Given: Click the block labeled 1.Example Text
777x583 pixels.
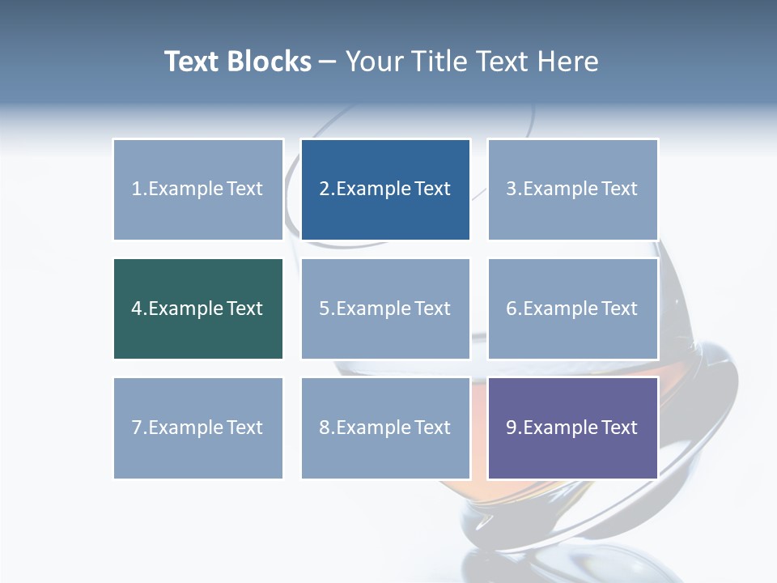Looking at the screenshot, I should click(x=197, y=189).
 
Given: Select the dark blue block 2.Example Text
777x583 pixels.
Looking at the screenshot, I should click(x=385, y=189).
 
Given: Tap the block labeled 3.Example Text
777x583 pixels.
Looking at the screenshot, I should click(x=572, y=189).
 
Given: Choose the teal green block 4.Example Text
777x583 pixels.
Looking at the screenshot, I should click(x=197, y=309).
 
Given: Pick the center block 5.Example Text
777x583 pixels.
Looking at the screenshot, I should click(x=385, y=309).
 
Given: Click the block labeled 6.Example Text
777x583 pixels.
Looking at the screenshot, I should click(x=572, y=309).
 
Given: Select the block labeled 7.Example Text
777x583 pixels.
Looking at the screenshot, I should click(x=197, y=428).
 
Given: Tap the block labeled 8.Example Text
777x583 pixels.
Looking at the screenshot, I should click(x=385, y=428).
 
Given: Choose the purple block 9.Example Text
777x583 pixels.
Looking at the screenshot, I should click(x=572, y=428).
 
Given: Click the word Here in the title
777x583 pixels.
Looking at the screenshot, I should click(x=568, y=62).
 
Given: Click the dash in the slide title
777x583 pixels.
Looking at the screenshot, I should click(x=328, y=62).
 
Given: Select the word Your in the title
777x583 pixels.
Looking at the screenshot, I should click(x=375, y=62).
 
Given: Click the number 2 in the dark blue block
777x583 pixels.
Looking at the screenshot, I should click(x=324, y=189).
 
